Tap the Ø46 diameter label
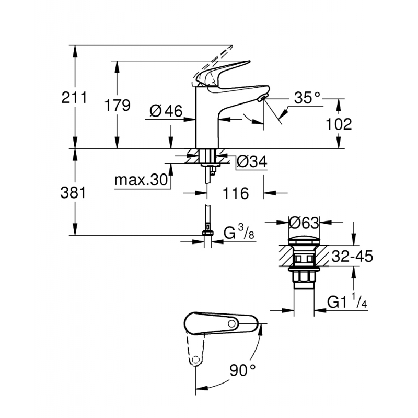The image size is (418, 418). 165,111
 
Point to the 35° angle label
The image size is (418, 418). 306,98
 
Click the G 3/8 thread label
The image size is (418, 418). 240,233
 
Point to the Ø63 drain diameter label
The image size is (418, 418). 304,223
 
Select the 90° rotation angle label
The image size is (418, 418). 243,370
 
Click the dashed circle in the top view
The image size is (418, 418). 195,360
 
